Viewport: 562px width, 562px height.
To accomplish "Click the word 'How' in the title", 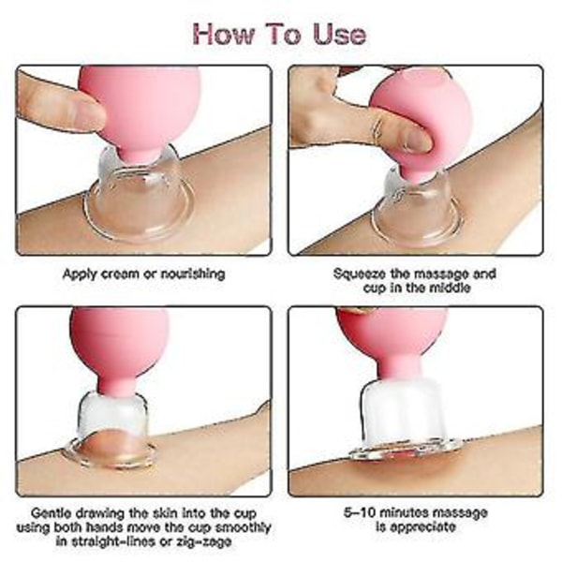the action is pyautogui.click(x=223, y=34).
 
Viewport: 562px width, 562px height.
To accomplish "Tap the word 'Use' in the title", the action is pyautogui.click(x=339, y=34).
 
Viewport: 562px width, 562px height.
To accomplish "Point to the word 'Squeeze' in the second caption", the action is pyautogui.click(x=360, y=274).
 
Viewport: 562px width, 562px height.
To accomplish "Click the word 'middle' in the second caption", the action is pyautogui.click(x=450, y=288).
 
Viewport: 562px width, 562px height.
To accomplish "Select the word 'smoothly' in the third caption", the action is pyautogui.click(x=243, y=527).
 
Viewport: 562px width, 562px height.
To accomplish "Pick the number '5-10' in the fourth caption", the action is pyautogui.click(x=359, y=512).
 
